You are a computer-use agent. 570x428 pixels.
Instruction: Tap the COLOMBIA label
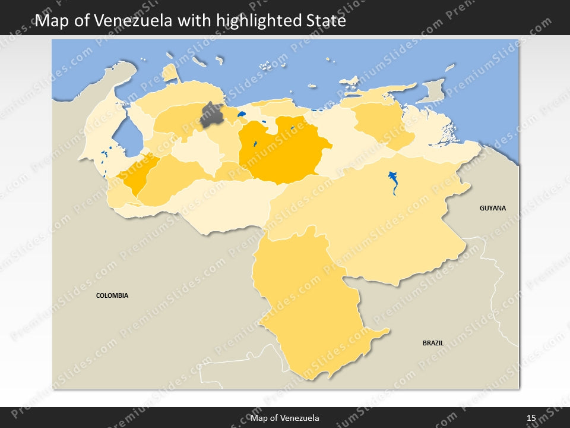point(112,295)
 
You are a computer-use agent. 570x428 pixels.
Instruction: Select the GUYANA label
point(493,208)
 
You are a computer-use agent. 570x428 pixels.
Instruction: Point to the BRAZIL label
point(433,343)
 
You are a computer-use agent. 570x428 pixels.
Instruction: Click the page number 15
point(531,418)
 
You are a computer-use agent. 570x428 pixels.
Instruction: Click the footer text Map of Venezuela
point(285,418)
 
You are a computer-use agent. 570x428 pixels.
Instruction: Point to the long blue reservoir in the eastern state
point(393,182)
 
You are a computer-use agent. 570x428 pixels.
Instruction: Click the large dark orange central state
point(279,152)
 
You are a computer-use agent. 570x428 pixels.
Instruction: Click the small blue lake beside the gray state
point(241,114)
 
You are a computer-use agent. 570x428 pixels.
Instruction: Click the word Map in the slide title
point(50,21)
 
